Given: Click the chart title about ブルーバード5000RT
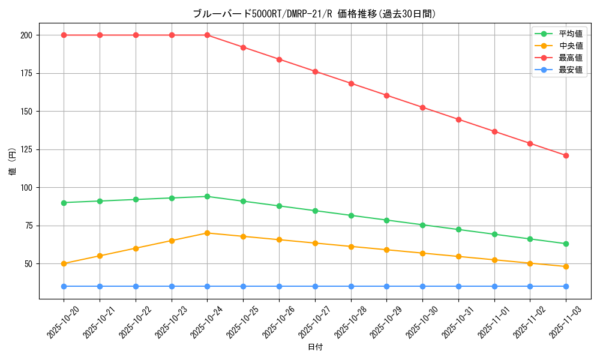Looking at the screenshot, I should tap(314, 14).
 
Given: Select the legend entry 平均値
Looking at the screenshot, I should tap(570, 34).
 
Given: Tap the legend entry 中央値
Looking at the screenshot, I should tap(570, 46).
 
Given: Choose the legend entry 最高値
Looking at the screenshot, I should tap(570, 58).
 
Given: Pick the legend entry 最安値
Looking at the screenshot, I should tap(570, 70).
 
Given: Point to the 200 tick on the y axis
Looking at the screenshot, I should tap(27, 35).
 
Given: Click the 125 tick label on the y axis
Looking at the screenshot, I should tap(27, 149).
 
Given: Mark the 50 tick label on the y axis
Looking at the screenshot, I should tap(29, 264).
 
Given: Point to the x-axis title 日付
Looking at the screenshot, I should tap(314, 347).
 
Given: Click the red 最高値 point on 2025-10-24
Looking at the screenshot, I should tap(207, 35).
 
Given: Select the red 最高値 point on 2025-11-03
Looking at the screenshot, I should tap(566, 155).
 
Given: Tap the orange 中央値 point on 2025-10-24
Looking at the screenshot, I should tap(207, 233).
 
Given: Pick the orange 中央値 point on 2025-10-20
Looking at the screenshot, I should tap(64, 263).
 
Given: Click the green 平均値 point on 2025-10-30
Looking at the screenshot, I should tap(422, 225).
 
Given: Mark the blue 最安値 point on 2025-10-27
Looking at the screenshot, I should tap(315, 286).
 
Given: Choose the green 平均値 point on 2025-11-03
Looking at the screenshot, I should tap(566, 244).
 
